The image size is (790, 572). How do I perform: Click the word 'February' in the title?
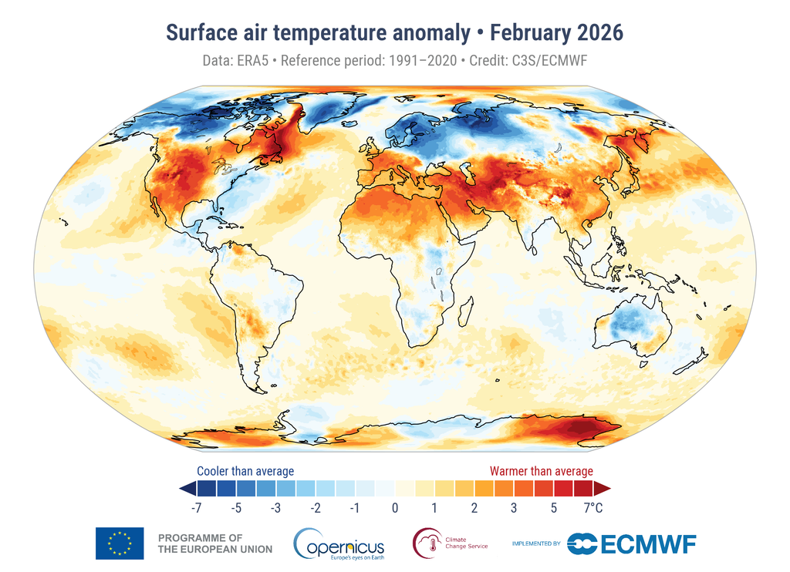pos(529,33)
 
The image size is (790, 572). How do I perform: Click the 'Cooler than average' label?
pos(245,471)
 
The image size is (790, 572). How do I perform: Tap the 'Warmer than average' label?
pos(542,471)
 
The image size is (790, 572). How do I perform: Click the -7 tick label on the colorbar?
pos(196,508)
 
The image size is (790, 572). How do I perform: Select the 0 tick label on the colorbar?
pos(395,508)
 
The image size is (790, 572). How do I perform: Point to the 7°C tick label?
pos(592,508)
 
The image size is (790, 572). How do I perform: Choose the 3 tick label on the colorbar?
pos(513,508)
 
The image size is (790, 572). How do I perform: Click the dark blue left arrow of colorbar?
pos(186,488)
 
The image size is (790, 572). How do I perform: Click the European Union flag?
pos(120,543)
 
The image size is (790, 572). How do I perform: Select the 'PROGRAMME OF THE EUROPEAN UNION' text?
pos(214,543)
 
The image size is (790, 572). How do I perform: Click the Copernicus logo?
pos(339,544)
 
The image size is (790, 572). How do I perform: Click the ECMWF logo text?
pos(631,543)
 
